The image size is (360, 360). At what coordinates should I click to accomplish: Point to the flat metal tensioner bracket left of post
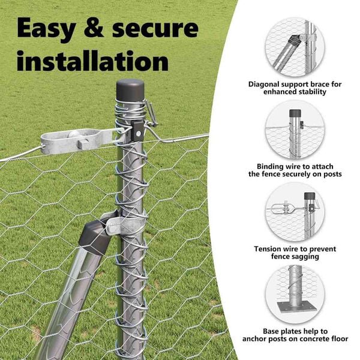pyautogui.click(x=76, y=140)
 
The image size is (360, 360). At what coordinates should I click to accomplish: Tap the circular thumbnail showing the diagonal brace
pyautogui.click(x=295, y=47)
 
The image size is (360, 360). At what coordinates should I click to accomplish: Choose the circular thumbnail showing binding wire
pyautogui.click(x=295, y=130)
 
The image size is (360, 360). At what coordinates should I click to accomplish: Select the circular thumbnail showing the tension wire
pyautogui.click(x=295, y=211)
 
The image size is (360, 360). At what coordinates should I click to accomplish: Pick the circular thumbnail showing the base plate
pyautogui.click(x=295, y=294)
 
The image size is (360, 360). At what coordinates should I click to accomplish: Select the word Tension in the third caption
pyautogui.click(x=269, y=248)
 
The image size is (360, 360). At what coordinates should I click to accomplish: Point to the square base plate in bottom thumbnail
pyautogui.click(x=295, y=307)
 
